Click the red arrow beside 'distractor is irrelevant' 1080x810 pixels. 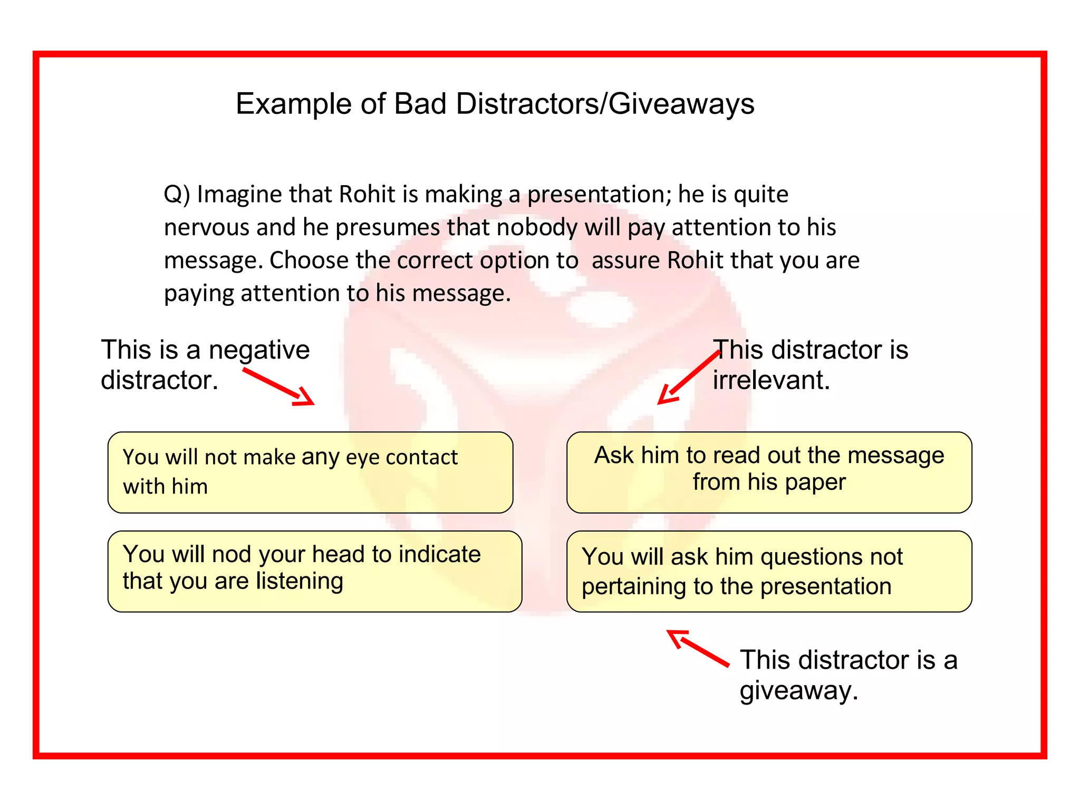688,378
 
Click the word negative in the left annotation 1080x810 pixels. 259,350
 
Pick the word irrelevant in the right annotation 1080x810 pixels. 771,380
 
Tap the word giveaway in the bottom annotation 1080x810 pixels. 798,690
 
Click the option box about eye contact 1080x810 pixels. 310,472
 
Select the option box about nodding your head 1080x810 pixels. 314,571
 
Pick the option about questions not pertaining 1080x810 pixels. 769,571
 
